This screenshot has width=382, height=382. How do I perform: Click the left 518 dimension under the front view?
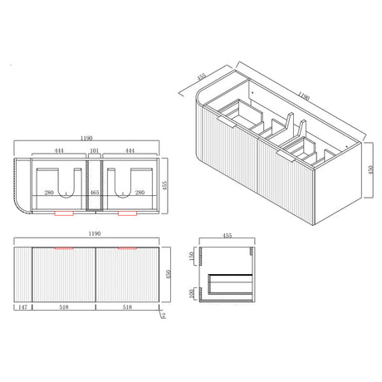pos(64,306)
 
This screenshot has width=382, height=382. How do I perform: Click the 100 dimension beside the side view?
pos(191,292)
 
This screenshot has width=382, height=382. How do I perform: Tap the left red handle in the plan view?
pos(63,213)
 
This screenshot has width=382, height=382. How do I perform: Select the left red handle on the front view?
pos(64,247)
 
